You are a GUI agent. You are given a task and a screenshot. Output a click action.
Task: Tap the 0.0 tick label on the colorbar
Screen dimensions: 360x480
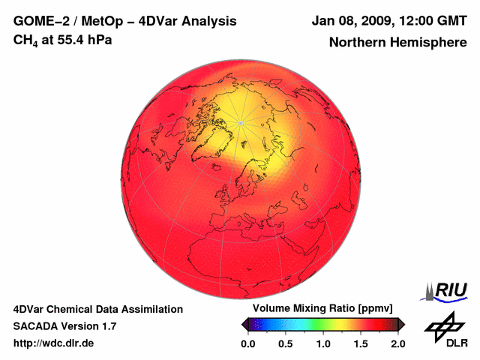coord(247,344)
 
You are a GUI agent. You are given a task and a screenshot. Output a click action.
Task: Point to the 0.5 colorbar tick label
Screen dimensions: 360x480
coord(285,344)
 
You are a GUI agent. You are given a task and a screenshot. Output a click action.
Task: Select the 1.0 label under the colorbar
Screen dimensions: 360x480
coord(322,344)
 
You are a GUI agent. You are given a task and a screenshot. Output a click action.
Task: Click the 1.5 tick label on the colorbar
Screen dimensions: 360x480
coord(360,344)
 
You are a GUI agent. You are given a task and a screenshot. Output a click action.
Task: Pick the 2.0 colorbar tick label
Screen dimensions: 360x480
coord(397,344)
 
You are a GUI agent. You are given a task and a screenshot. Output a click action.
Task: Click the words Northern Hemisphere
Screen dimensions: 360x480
coord(397,43)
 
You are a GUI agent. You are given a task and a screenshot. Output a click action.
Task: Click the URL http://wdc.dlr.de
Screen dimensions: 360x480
coord(54,343)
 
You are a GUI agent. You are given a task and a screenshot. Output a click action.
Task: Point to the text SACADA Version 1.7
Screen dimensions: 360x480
coord(64,326)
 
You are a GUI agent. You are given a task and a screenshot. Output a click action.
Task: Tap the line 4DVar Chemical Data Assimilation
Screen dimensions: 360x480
coord(97,309)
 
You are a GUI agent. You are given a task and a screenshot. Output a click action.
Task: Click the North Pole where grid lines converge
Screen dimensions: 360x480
coord(240,122)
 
